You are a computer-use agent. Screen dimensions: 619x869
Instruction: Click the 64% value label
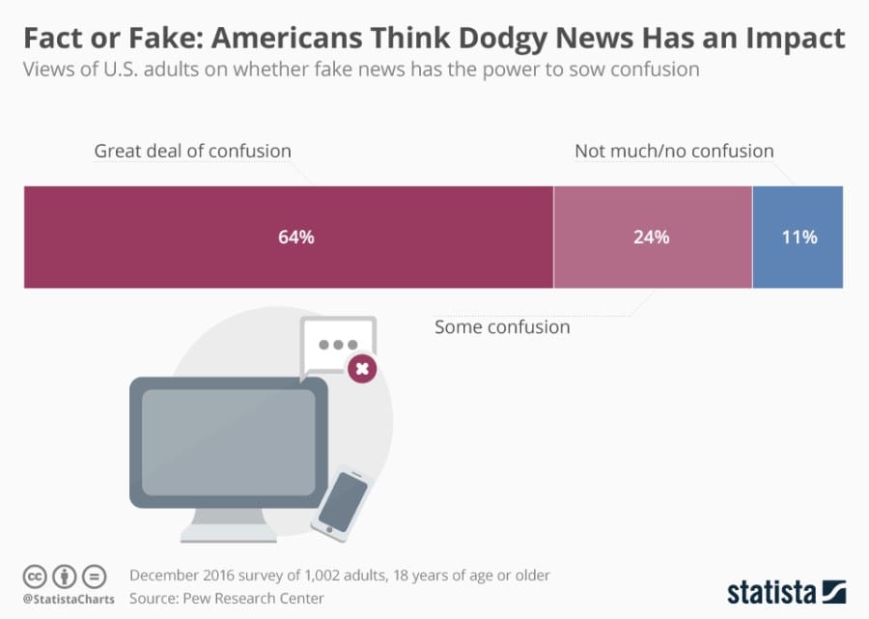(x=296, y=237)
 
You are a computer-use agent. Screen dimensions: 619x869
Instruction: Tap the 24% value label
(x=651, y=237)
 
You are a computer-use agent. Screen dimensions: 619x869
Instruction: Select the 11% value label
(x=799, y=237)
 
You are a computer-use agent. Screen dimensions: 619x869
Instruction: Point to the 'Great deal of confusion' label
(x=192, y=151)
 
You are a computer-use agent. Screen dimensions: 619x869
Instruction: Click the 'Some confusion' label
(x=502, y=326)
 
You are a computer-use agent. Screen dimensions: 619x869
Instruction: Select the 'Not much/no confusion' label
(x=674, y=151)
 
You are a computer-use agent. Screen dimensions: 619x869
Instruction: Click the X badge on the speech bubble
(x=362, y=367)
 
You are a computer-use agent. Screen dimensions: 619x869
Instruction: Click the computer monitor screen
(x=228, y=443)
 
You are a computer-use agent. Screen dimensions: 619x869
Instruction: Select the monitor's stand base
(x=228, y=534)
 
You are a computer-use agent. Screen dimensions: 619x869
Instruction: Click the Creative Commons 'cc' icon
(x=34, y=577)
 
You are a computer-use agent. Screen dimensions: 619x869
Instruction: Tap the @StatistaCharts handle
(x=68, y=599)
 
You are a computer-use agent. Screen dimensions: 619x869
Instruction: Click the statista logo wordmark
(x=772, y=590)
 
